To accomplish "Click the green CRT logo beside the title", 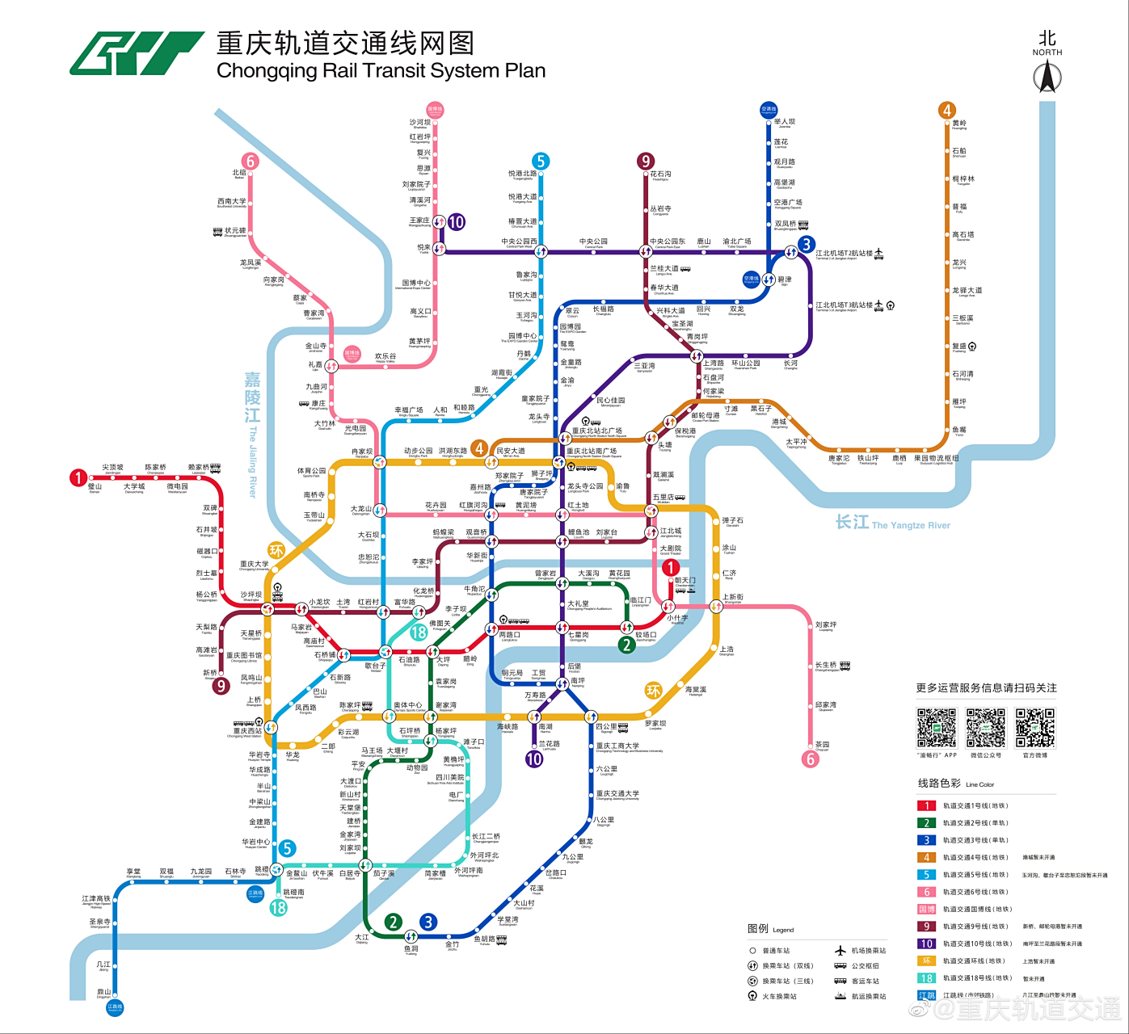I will [x=136, y=53].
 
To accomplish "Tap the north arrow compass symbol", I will [x=1047, y=77].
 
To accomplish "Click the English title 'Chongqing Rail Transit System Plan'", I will [x=381, y=71].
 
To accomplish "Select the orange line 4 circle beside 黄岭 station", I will [x=947, y=111].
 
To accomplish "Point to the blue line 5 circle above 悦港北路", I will [x=541, y=162].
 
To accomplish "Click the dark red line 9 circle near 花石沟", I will [x=645, y=162].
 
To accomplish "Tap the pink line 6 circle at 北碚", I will [x=251, y=162].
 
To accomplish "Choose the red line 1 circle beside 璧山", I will [x=78, y=477].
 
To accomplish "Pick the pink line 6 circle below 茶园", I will [x=811, y=759].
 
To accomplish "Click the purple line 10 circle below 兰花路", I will [x=534, y=759].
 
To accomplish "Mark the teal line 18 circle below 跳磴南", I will [x=278, y=907].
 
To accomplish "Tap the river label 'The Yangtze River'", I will [x=911, y=525].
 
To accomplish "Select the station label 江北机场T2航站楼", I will [x=844, y=254].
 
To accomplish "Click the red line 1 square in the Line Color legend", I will [x=926, y=805].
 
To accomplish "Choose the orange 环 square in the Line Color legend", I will [x=926, y=960].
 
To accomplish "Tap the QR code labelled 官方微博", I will [x=1035, y=728].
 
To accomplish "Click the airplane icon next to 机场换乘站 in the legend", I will [x=840, y=951].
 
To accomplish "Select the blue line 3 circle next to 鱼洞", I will [x=428, y=922].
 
